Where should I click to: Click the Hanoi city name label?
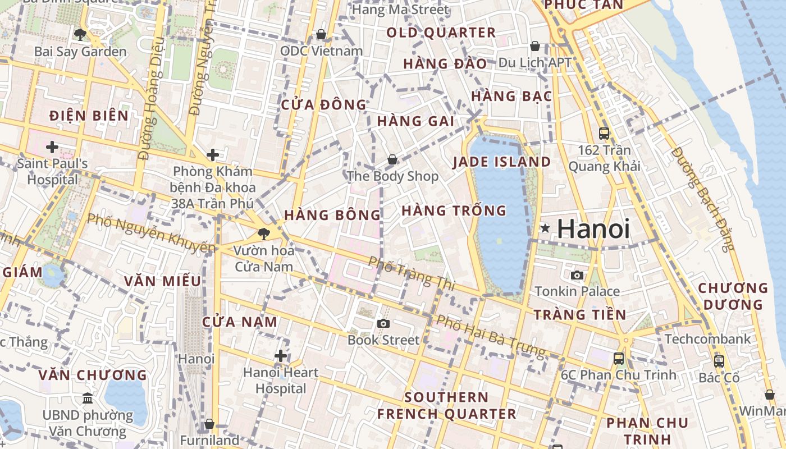tap(593, 229)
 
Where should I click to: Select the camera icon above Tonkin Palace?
tap(577, 275)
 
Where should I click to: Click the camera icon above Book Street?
tap(383, 323)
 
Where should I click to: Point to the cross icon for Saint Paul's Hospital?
tap(52, 147)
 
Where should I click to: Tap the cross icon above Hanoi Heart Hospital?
tap(281, 356)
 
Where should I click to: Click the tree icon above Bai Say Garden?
tap(80, 35)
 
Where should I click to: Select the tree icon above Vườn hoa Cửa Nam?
tap(264, 234)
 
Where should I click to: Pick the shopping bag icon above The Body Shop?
tap(392, 160)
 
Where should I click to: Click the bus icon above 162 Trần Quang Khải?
tap(604, 134)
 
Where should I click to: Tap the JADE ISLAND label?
tap(501, 162)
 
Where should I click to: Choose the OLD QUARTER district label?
tap(441, 33)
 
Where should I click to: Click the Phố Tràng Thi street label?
tap(412, 273)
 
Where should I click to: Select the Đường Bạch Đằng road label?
tap(703, 199)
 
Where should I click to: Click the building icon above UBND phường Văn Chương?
tap(88, 398)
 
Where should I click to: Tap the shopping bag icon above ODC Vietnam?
tap(321, 35)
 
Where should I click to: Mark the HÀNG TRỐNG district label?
tap(454, 211)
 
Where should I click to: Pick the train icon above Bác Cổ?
tap(719, 361)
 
